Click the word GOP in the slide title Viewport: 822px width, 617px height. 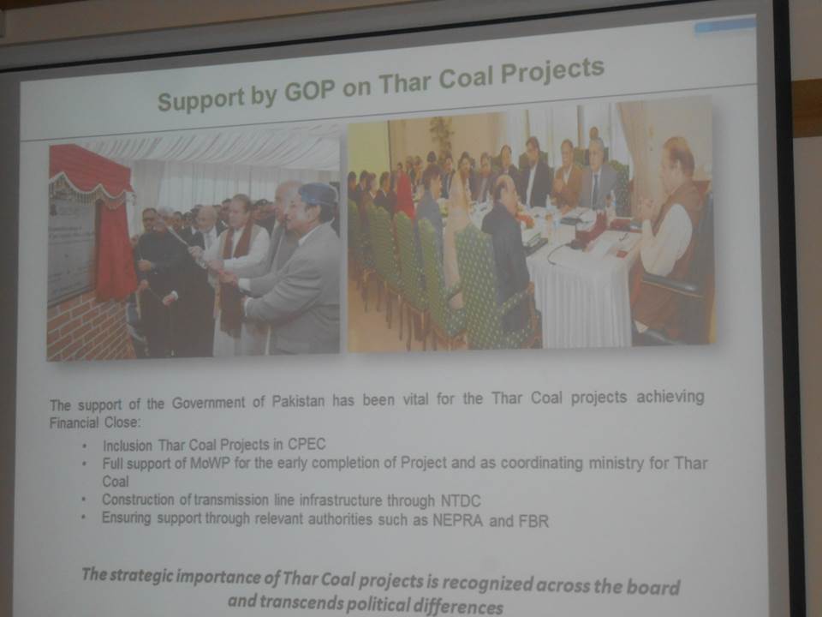(x=309, y=92)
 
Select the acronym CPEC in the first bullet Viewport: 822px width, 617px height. (x=307, y=445)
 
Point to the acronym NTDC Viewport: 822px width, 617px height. (x=461, y=501)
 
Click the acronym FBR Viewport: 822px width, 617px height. (x=533, y=521)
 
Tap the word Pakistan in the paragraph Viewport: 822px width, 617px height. (x=298, y=401)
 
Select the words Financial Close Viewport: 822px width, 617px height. (x=95, y=422)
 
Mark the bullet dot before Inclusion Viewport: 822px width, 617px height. (x=85, y=446)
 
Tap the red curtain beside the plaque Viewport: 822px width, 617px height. (x=113, y=247)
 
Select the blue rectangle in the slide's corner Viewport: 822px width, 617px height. (x=725, y=27)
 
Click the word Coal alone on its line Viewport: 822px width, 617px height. (x=116, y=482)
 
